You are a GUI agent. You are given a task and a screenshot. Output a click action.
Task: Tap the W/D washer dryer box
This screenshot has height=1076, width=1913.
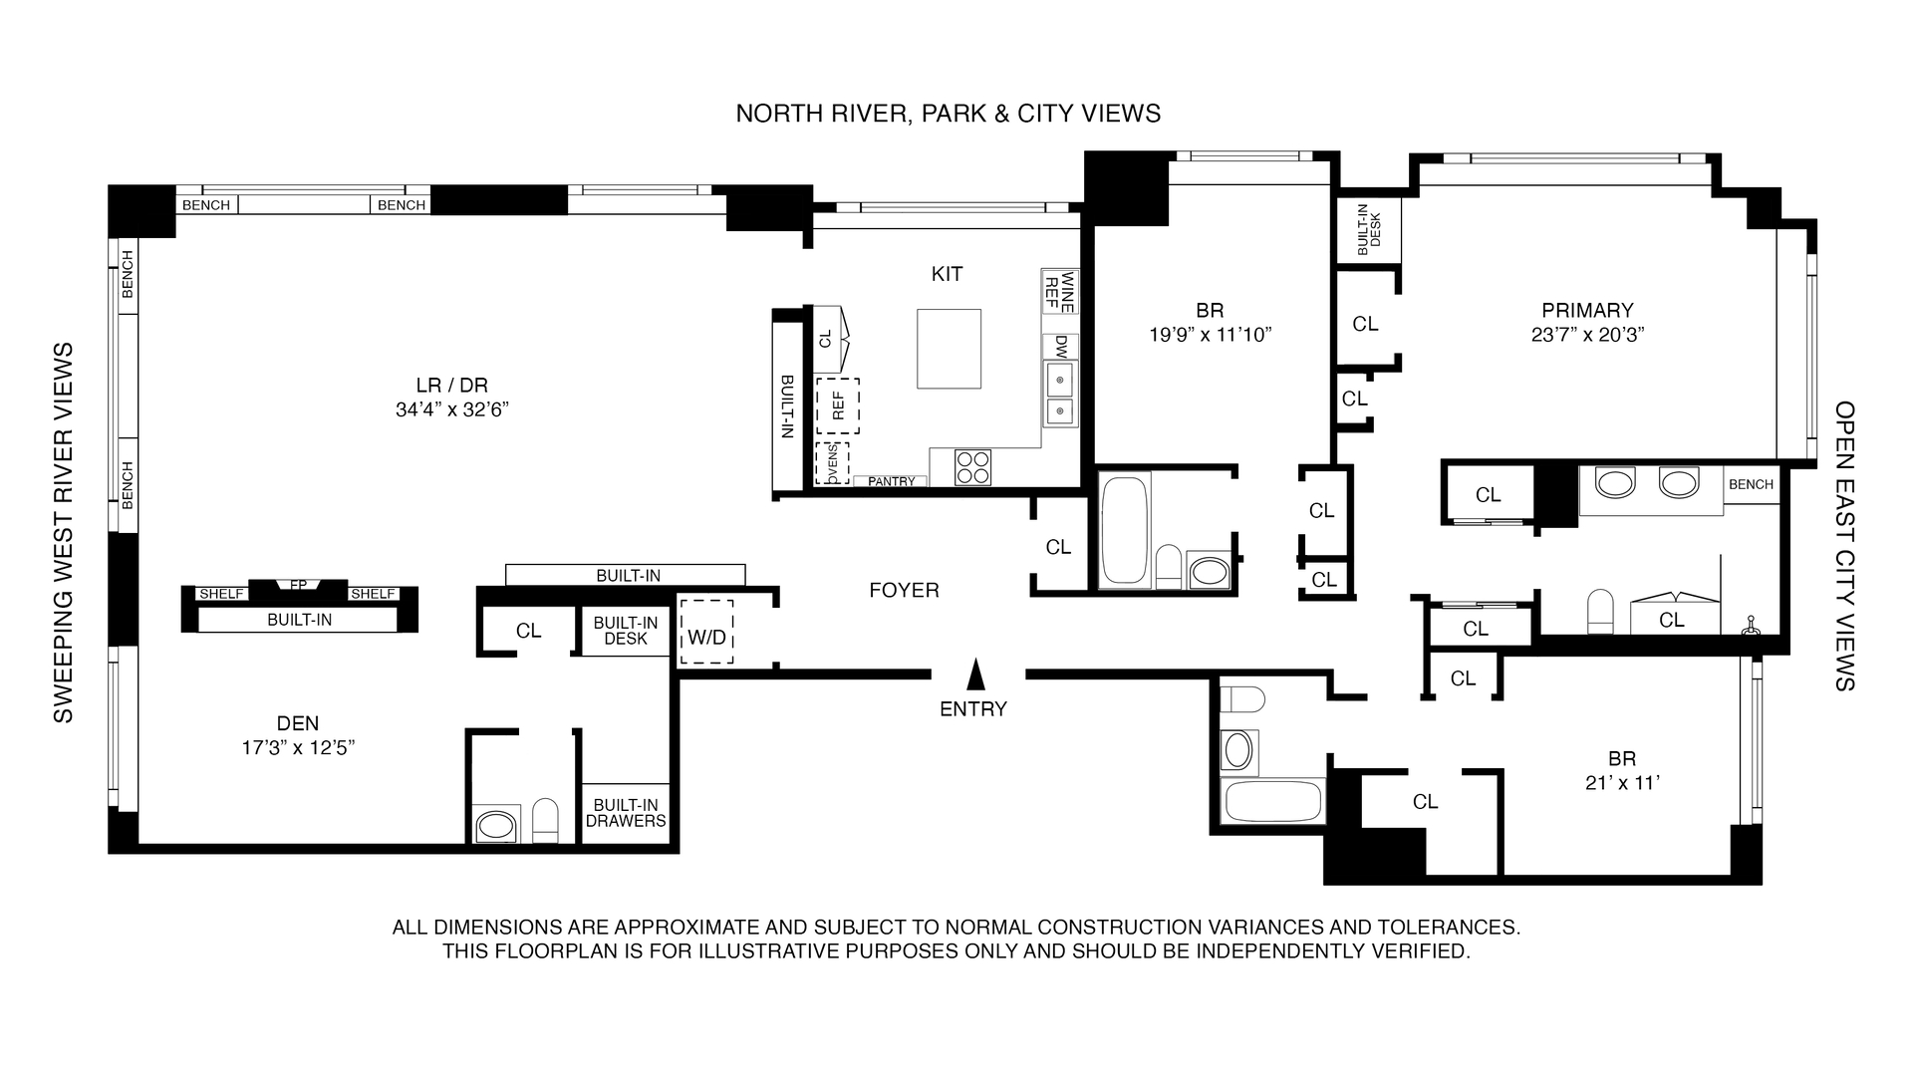(x=706, y=633)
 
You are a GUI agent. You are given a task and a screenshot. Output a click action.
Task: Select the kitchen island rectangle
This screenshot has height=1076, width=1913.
(x=949, y=349)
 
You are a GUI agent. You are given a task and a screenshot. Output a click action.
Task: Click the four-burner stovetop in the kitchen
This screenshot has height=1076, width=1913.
(x=973, y=467)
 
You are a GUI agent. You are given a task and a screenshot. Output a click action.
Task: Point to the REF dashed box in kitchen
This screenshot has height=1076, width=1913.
(x=838, y=404)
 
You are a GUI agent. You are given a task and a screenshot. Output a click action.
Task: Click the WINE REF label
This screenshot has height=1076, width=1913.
(x=1059, y=291)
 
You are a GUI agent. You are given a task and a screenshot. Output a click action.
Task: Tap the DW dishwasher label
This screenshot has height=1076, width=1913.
(x=1060, y=346)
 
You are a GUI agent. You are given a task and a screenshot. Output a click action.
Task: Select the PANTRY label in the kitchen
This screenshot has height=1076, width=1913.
(x=891, y=481)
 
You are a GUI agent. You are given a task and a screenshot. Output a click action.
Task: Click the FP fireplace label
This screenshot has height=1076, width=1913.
(x=298, y=585)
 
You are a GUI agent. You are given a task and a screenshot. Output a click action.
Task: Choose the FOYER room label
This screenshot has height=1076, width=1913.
(x=904, y=590)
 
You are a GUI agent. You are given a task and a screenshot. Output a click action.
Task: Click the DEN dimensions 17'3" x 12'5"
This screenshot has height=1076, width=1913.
(x=298, y=748)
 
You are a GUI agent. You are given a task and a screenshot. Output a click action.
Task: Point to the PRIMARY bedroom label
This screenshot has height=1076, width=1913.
(x=1587, y=311)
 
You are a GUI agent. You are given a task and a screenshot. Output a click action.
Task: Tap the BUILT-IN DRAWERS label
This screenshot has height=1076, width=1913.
(x=626, y=813)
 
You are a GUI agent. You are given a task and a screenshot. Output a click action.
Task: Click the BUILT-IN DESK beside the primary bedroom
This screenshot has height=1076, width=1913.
(x=1369, y=228)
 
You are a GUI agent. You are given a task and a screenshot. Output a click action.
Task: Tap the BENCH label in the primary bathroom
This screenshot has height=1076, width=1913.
(x=1751, y=484)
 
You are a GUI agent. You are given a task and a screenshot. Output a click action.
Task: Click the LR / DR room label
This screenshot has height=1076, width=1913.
(x=451, y=386)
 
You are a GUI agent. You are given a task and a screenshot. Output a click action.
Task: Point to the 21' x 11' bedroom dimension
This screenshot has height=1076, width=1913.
(x=1622, y=783)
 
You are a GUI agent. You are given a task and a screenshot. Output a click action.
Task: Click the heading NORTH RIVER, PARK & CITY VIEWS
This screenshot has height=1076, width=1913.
(x=948, y=114)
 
